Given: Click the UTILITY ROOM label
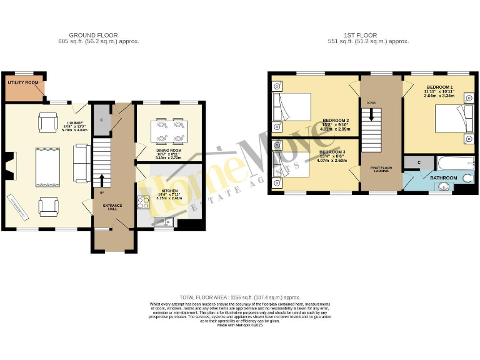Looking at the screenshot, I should point(23,82).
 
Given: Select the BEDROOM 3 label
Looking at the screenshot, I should point(332,152).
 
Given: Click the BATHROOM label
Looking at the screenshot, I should point(444,178).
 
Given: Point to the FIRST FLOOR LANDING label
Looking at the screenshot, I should point(379,169).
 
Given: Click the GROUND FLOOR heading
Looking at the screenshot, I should point(93,35).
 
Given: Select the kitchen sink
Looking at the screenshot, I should point(164,220).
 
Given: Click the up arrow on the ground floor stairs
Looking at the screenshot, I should point(100,179).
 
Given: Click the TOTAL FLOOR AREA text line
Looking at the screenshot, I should point(240,297).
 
